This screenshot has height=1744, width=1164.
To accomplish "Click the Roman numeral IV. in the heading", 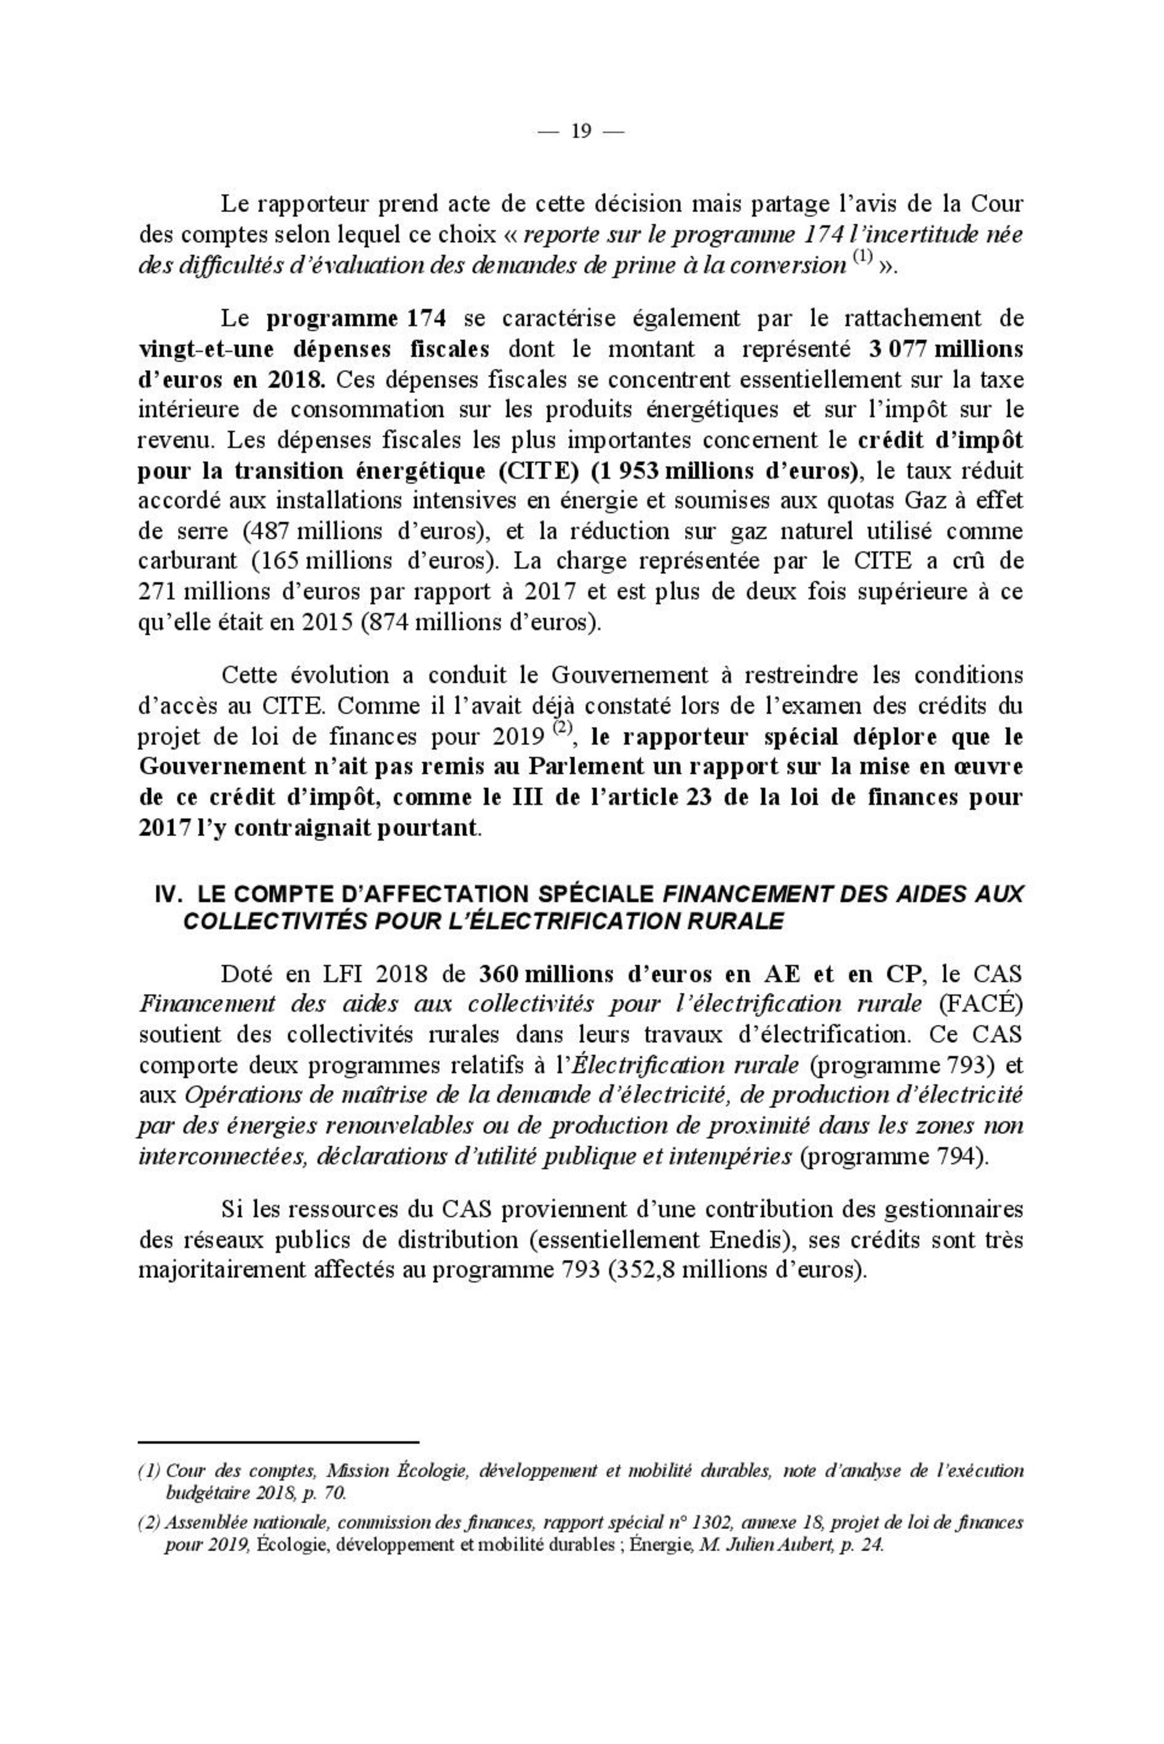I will pyautogui.click(x=168, y=894).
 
